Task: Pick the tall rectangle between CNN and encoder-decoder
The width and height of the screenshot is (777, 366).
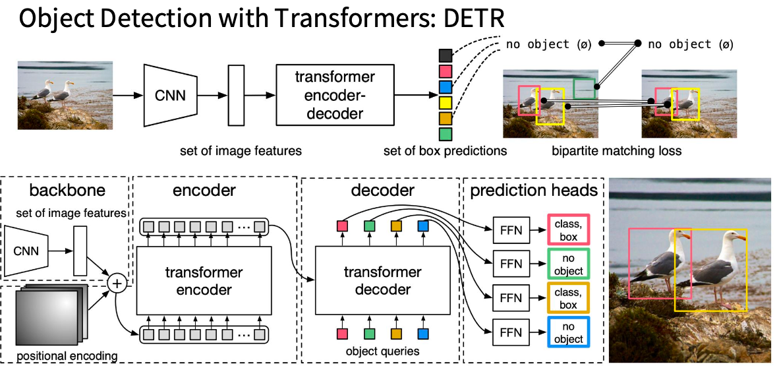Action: pos(236,95)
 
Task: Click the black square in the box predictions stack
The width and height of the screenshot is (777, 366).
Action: pos(445,55)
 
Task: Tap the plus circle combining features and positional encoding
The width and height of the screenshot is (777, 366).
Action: pos(117,284)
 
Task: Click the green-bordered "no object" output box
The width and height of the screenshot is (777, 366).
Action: pos(568,264)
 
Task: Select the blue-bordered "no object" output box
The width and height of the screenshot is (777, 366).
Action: pos(568,332)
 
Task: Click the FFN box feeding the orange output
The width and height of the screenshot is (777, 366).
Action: pos(511,298)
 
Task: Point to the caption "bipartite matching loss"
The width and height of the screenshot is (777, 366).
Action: pos(617,151)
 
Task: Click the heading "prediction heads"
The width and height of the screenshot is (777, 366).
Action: pos(533,191)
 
